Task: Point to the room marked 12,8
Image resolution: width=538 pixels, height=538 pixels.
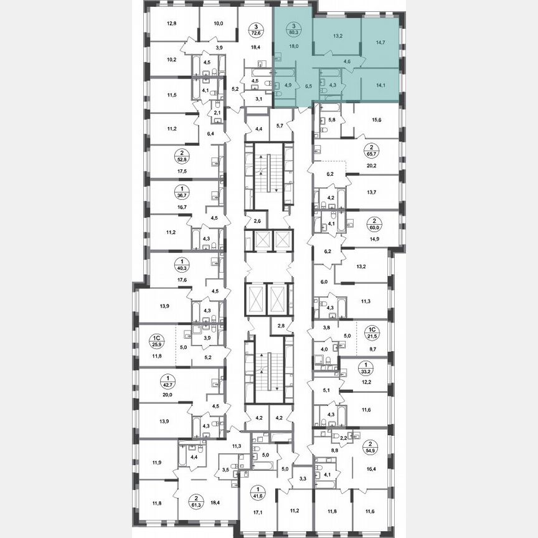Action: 172,25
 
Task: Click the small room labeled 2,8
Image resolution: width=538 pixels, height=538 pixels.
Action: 281,325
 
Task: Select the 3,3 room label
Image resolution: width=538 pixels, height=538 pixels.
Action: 303,478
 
